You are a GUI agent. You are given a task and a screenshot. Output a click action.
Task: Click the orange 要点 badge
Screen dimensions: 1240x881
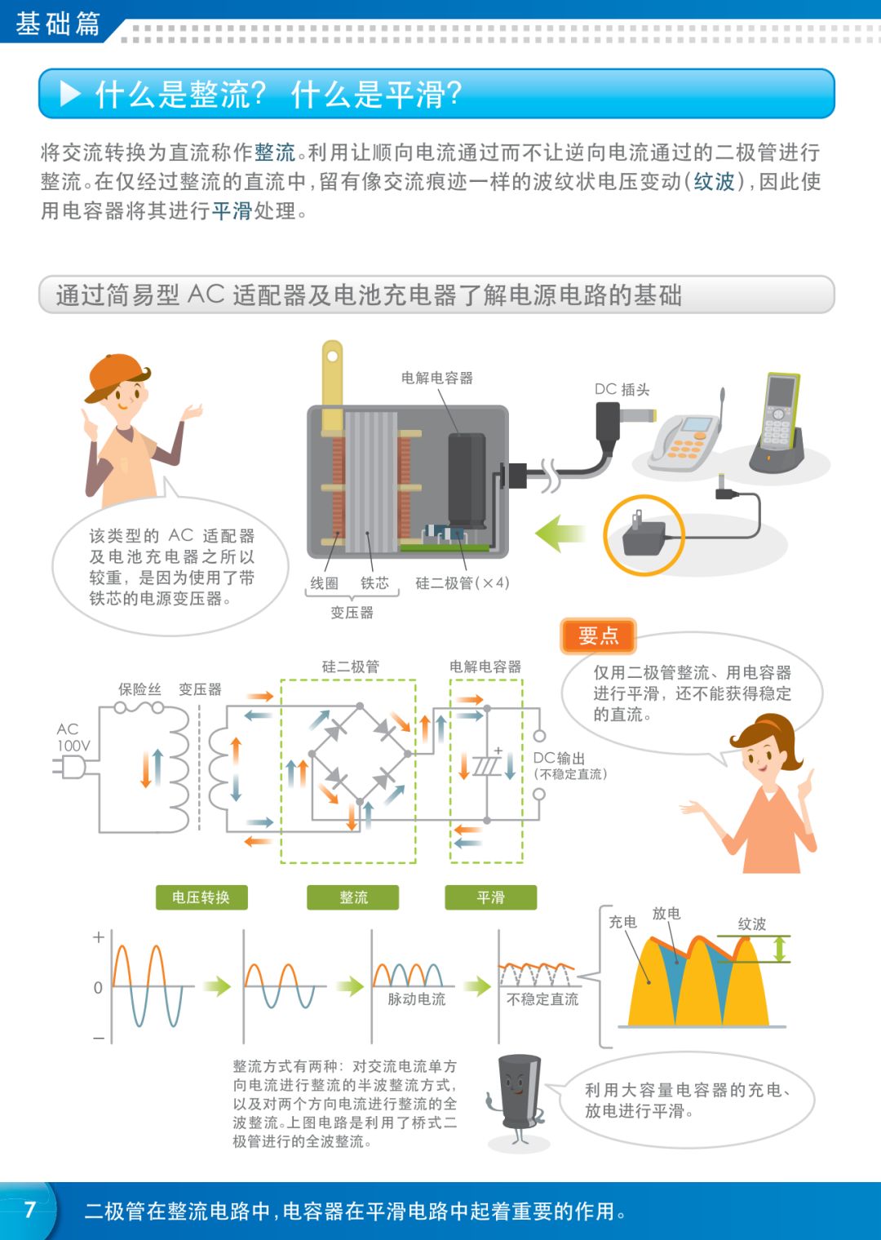tap(598, 636)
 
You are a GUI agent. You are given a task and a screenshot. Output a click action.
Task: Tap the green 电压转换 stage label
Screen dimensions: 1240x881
tap(201, 897)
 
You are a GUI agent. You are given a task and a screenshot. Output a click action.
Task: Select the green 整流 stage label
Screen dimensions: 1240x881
tap(353, 897)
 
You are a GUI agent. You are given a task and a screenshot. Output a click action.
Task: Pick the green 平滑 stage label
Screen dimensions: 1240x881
tap(490, 897)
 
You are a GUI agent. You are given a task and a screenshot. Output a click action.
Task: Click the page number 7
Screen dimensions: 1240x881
tap(30, 1209)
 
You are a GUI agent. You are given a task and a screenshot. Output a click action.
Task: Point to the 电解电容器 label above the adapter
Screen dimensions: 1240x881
tap(436, 378)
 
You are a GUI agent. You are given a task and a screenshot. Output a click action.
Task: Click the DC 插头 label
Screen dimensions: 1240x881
tap(622, 389)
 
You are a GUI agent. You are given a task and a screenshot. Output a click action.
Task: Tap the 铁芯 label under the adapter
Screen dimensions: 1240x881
tap(374, 582)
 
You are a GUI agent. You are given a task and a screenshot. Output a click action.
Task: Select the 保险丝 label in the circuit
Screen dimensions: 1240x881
tap(139, 689)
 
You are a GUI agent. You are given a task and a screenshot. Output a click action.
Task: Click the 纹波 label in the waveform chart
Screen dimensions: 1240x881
tap(751, 923)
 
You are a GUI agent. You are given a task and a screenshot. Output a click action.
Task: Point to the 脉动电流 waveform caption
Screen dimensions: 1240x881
tap(416, 999)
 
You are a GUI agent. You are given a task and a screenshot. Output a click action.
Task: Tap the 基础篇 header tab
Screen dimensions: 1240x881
tap(57, 23)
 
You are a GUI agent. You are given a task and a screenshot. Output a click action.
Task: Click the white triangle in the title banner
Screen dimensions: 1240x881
tap(71, 94)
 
